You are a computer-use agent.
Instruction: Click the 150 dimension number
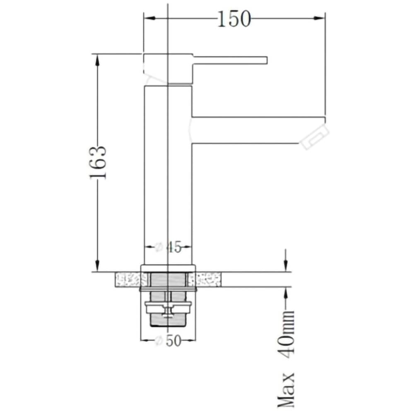[234, 19]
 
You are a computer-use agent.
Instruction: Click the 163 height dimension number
[98, 162]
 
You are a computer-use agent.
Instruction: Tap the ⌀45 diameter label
[168, 248]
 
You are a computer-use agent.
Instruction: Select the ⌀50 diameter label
[168, 340]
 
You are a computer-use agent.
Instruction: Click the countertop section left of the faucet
[128, 280]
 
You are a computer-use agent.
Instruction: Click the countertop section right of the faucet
[208, 280]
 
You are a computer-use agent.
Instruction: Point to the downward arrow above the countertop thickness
[285, 265]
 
